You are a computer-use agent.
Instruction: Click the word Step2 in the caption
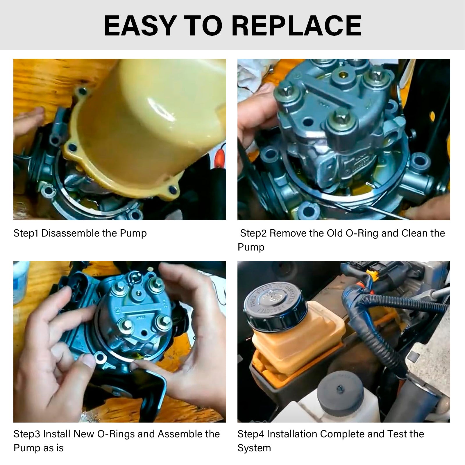(253, 233)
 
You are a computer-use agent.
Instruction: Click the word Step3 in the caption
(27, 434)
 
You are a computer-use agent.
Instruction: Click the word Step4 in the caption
(251, 434)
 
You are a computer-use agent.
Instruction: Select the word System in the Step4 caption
(254, 448)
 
